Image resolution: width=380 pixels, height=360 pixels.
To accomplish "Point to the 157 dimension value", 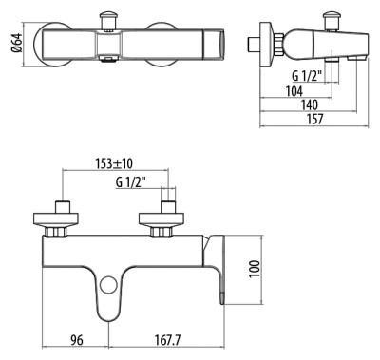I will [x=313, y=120].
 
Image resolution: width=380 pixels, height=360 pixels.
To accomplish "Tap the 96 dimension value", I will [x=78, y=337].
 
